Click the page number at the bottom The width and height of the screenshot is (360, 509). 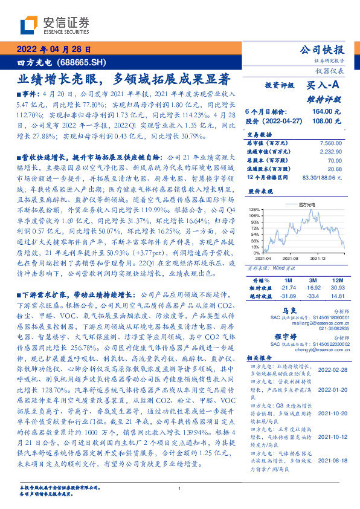(x=180, y=488)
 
